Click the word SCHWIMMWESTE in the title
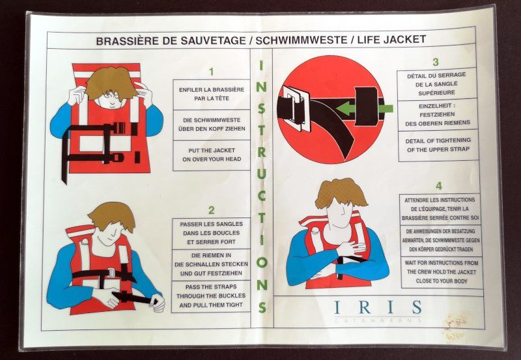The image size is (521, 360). [x=302, y=40]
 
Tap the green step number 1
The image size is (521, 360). [x=211, y=72]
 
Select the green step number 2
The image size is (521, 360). [x=211, y=210]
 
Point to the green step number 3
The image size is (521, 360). [x=436, y=62]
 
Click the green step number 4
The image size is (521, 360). [x=439, y=186]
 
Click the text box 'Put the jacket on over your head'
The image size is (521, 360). [x=212, y=155]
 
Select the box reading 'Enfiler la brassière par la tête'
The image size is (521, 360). [x=212, y=94]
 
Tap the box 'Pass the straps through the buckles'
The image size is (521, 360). [x=211, y=296]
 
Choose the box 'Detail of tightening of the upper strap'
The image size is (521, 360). [x=438, y=145]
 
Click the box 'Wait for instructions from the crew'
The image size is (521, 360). [x=442, y=272]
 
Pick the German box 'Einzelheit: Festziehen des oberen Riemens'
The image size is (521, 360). [x=438, y=115]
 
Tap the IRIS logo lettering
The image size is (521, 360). [x=378, y=307]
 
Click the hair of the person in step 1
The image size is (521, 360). [x=111, y=83]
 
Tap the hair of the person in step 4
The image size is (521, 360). [x=341, y=193]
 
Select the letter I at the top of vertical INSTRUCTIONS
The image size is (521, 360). [x=261, y=65]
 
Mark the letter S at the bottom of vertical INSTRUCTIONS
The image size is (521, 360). [x=262, y=307]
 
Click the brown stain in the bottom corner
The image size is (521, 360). [x=455, y=325]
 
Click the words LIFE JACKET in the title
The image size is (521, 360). [x=391, y=40]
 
